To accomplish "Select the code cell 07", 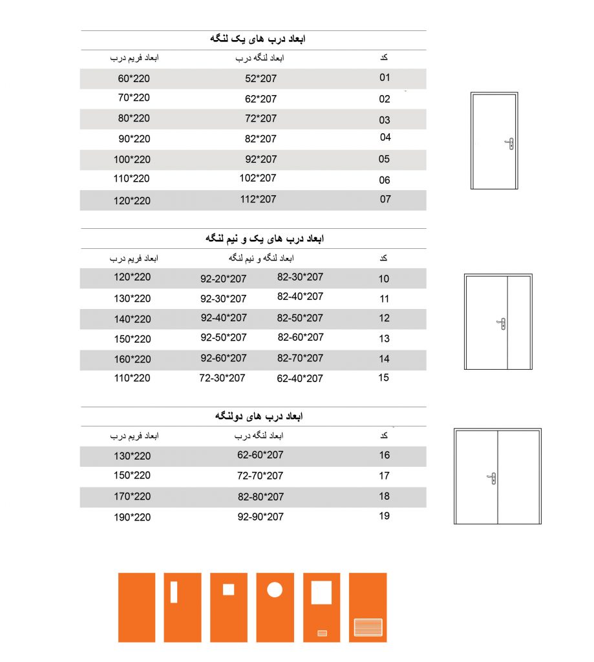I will coord(385,199).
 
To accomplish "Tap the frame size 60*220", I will coord(134,79).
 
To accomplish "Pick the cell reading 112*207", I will coord(258,199).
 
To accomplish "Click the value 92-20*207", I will coord(224,279).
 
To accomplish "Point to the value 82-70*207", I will coord(301,358).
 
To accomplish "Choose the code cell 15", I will coord(384,378).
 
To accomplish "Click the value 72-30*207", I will coord(222,378).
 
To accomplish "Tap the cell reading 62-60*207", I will coord(260,455).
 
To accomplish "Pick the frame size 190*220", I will coord(132,517).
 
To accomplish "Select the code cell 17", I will coord(385,476).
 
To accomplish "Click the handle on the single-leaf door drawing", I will coord(511,144).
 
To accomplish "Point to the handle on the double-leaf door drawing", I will coord(493,478).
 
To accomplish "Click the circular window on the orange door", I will coord(275,590).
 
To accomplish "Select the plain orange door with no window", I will coord(136,607).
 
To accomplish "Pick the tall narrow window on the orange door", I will coord(174,592).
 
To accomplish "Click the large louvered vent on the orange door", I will coord(368,627).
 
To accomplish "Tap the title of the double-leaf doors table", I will coord(259,416).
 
